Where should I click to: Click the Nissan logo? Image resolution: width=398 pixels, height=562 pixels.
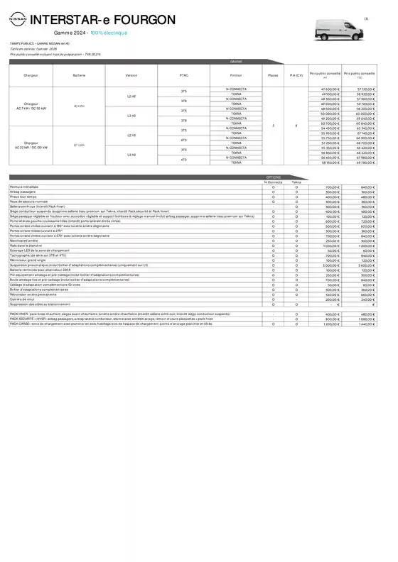click(20, 23)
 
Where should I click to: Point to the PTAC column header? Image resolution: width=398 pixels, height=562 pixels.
click(184, 75)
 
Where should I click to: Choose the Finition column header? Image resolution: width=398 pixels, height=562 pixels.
click(236, 75)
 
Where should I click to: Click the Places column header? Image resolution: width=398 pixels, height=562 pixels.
click(273, 75)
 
